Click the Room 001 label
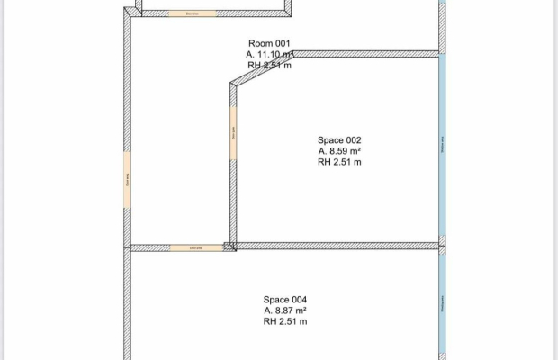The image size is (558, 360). point(269,43)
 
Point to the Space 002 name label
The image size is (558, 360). point(339,140)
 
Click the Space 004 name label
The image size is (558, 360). point(285,300)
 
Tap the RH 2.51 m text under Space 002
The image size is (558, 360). point(339,163)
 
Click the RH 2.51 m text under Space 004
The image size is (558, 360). point(285,321)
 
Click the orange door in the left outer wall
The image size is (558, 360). point(127,181)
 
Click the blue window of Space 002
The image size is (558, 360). point(442,144)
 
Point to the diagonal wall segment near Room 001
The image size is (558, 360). point(262,68)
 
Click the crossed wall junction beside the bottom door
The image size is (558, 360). point(229,246)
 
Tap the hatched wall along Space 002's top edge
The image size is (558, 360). point(369,54)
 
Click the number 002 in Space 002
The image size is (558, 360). point(354,140)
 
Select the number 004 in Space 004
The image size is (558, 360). point(300,300)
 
